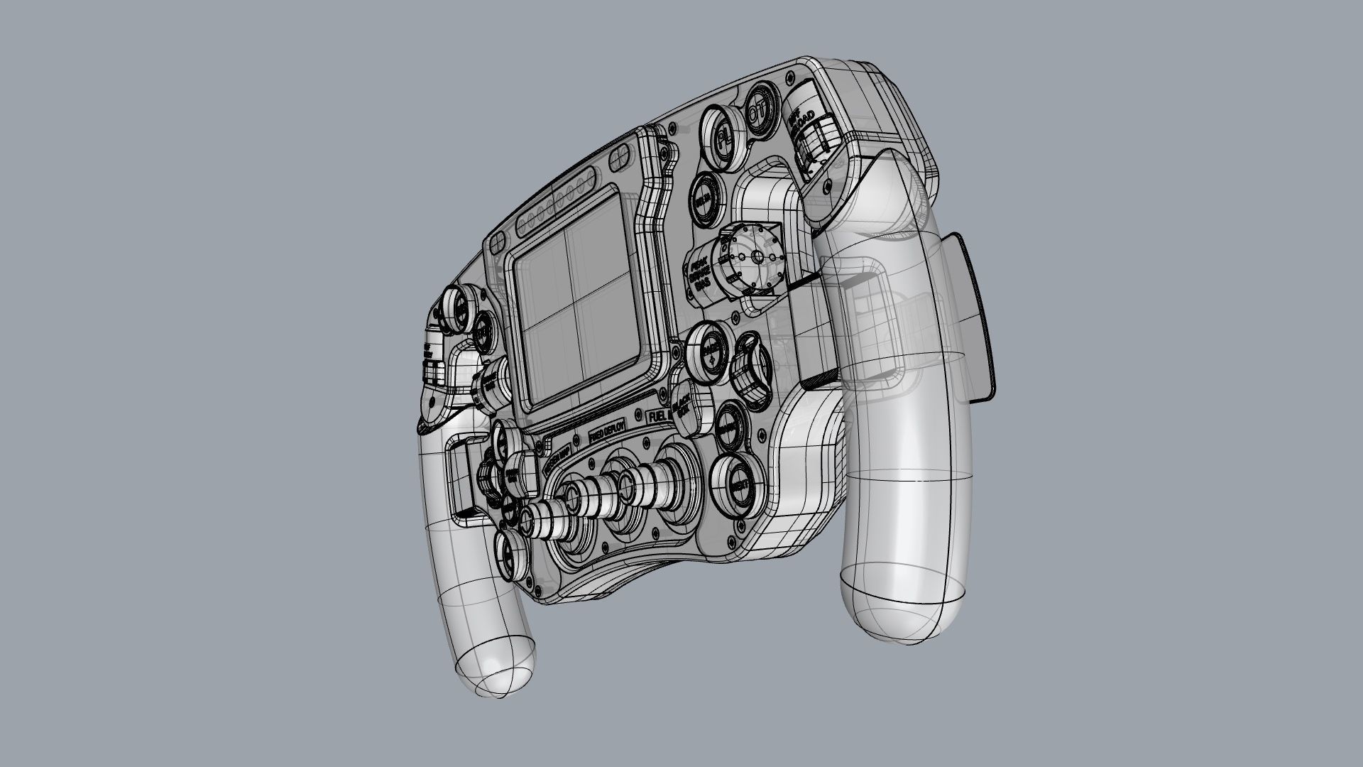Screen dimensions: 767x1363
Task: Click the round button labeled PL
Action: (721, 134)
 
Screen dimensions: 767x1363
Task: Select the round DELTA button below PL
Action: (704, 202)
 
